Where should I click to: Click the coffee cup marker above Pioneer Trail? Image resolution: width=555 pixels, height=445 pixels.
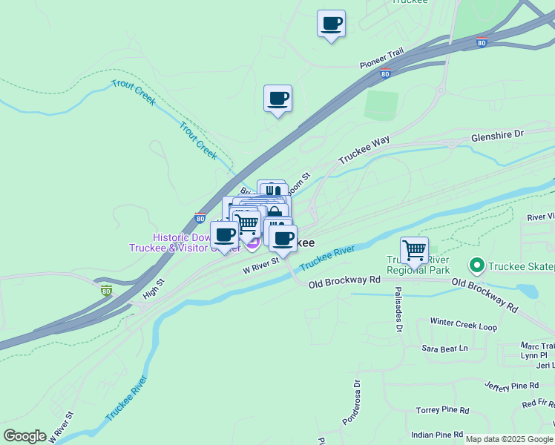pyautogui.click(x=331, y=23)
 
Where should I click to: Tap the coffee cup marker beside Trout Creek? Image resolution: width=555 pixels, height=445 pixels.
pyautogui.click(x=277, y=98)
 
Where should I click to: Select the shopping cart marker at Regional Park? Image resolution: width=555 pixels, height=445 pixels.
pyautogui.click(x=414, y=251)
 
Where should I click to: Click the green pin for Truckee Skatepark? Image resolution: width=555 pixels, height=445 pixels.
pyautogui.click(x=476, y=265)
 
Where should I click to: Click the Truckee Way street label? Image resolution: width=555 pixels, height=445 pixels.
pyautogui.click(x=364, y=150)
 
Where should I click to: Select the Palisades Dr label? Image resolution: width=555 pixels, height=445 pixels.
pyautogui.click(x=398, y=309)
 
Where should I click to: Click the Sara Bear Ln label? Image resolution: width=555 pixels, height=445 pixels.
pyautogui.click(x=445, y=348)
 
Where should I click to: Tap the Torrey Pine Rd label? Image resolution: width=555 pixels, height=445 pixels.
pyautogui.click(x=442, y=410)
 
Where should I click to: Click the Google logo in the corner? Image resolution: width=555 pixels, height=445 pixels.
pyautogui.click(x=24, y=436)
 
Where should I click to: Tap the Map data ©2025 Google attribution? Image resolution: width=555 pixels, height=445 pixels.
pyautogui.click(x=510, y=439)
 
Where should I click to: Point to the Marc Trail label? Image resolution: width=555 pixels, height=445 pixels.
pyautogui.click(x=537, y=346)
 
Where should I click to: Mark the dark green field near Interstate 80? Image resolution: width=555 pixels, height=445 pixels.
pyautogui.click(x=381, y=105)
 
